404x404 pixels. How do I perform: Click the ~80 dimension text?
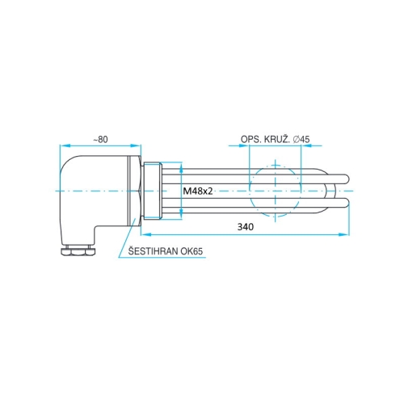99,140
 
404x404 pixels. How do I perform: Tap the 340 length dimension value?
246,227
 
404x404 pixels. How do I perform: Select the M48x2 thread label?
198,191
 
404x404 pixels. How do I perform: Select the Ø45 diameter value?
302,140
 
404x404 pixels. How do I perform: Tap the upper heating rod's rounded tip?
346,176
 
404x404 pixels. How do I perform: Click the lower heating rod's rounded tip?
346,202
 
